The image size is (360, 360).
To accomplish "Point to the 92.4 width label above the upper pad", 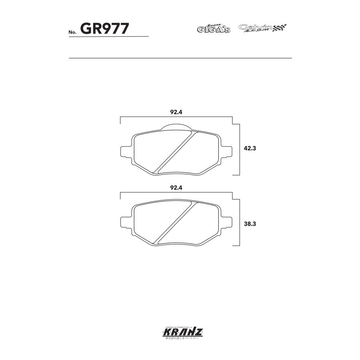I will click(x=176, y=112).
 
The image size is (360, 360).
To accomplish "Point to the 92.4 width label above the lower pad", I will click(x=176, y=187).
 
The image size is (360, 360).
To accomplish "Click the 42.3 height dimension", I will click(x=250, y=148).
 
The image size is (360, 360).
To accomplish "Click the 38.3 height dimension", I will click(x=250, y=224).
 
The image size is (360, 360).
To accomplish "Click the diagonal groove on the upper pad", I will click(x=176, y=152).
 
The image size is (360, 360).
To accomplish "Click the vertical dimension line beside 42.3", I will click(x=240, y=150).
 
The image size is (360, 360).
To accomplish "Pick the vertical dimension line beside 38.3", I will click(x=240, y=224).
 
